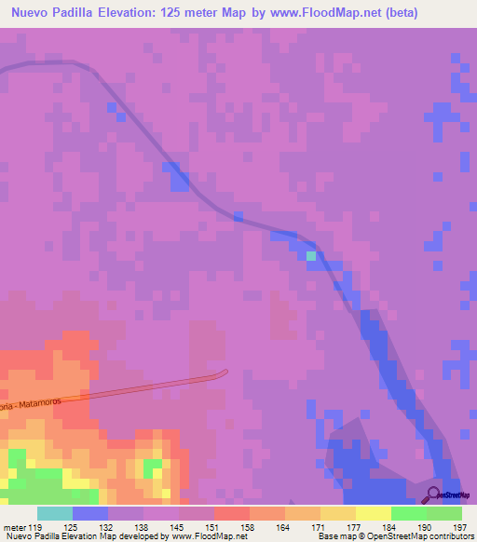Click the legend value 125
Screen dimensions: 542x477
90,527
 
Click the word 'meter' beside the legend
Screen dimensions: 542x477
15,527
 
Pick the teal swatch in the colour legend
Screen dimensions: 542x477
55,513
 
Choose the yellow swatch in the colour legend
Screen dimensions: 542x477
374,513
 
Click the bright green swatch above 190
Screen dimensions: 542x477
409,513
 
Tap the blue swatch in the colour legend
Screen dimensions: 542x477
90,513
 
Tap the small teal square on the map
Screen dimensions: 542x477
311,255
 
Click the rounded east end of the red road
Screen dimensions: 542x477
223,373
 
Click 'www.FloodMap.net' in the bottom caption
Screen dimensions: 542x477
199,536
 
